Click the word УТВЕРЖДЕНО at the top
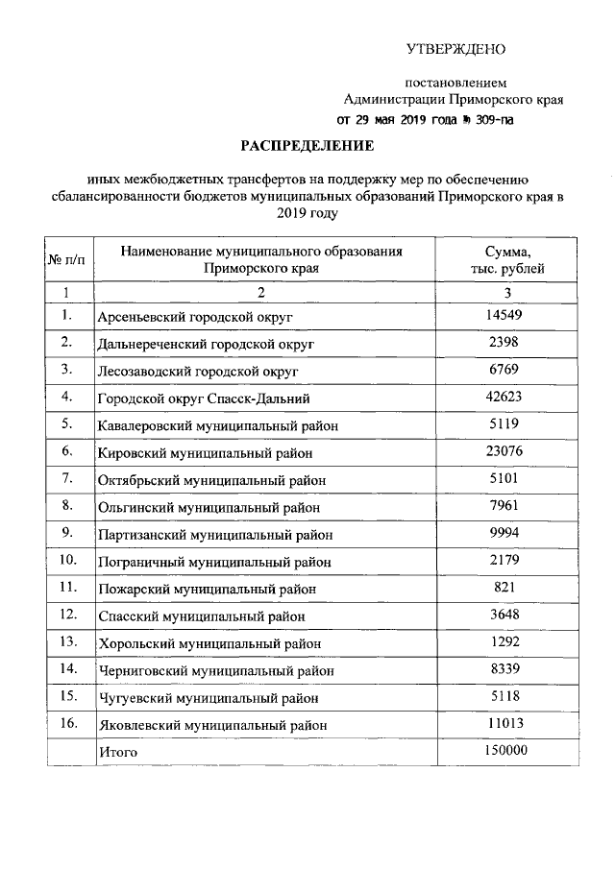[455, 49]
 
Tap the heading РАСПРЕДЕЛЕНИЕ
[306, 146]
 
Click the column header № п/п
[66, 260]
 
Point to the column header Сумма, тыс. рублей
[507, 259]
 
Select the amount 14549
[507, 315]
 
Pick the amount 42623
[507, 397]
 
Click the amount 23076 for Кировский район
[507, 450]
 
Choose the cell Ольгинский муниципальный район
[209, 506]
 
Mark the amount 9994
[507, 532]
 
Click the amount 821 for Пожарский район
[507, 587]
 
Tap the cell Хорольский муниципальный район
[209, 642]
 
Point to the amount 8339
[507, 668]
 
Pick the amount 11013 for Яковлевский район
[507, 723]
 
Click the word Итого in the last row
[118, 752]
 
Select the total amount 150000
[507, 750]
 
